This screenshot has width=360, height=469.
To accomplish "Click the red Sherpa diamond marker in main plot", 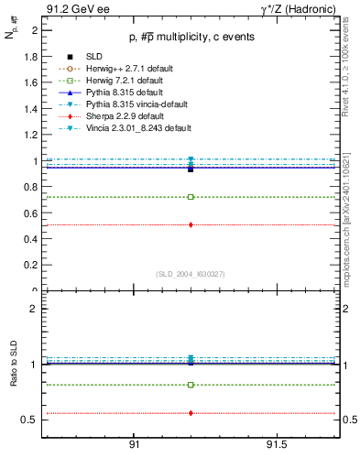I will tap(191, 224).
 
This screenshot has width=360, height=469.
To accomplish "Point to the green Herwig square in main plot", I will tap(191, 197).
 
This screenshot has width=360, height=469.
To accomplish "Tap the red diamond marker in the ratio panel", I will tap(191, 413).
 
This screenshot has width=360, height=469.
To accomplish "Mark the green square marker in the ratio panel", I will tap(191, 385).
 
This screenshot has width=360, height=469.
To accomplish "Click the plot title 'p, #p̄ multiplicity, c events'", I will tap(190, 37).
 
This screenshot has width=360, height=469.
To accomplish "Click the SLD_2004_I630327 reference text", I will tap(191, 274).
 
